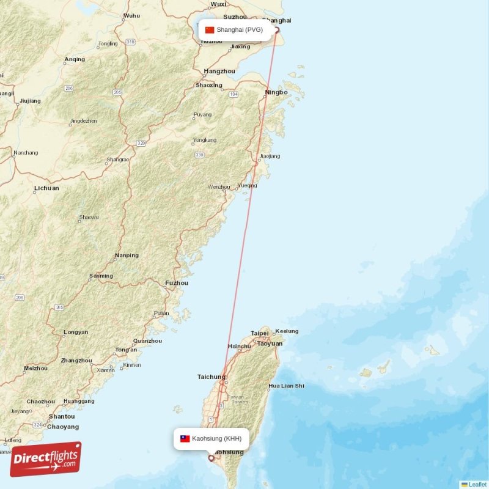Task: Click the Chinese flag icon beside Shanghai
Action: pos(210,29)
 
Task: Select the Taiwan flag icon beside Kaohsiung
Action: pos(185,438)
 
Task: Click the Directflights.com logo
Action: pos(45,460)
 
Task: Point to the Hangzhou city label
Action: pos(219,71)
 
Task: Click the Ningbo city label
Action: pos(276,92)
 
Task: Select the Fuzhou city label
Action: pos(176,283)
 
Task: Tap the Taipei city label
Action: pos(259,333)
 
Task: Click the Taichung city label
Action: pos(211,377)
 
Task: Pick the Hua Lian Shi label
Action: pos(286,386)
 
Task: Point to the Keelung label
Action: pos(287,331)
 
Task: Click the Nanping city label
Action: pos(127,255)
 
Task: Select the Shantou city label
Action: pos(62,416)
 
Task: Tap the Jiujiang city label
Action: pos(30,100)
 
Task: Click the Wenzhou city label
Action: pos(219,186)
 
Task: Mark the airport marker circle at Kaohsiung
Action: pos(211,457)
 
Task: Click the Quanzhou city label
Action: pos(147,340)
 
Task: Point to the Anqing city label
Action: pos(75,59)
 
